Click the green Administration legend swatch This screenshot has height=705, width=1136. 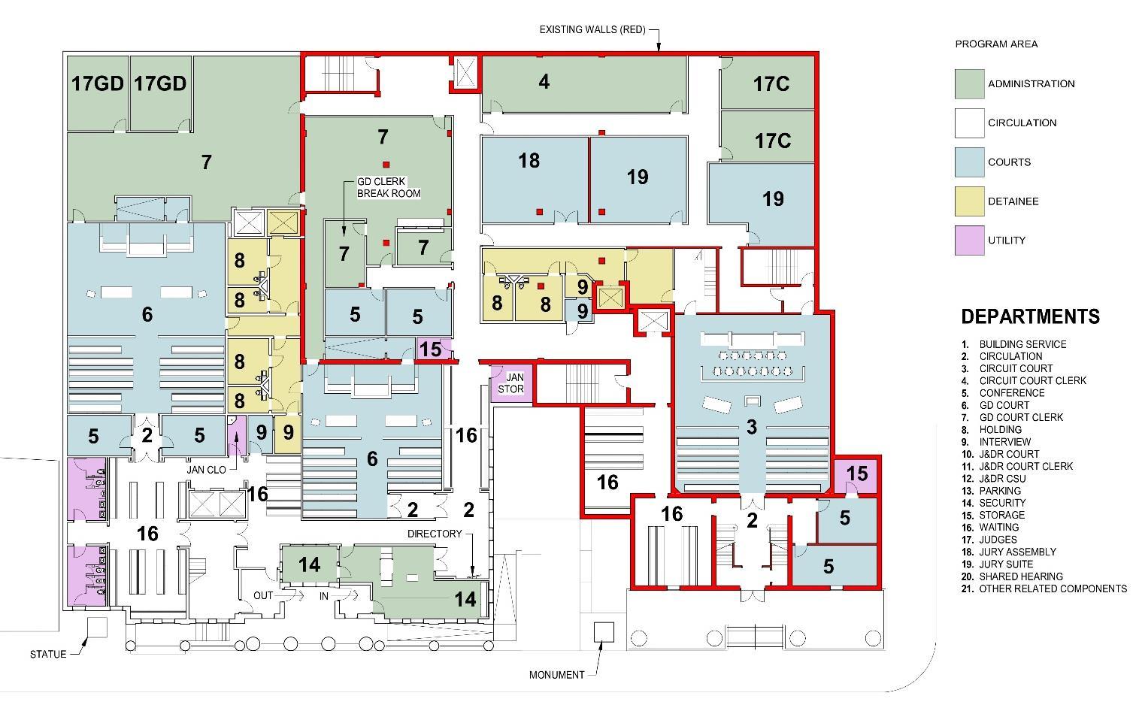(969, 84)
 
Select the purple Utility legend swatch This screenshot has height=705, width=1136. (969, 241)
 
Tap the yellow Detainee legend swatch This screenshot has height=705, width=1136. (969, 201)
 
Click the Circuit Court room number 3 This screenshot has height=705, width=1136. (751, 427)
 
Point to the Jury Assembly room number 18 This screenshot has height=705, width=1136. (529, 160)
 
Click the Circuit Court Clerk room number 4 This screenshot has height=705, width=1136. (544, 81)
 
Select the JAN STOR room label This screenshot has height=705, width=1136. (515, 383)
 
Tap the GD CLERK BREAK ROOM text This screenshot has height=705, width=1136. (389, 188)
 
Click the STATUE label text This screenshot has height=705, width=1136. (48, 654)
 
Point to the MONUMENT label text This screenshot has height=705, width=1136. (556, 675)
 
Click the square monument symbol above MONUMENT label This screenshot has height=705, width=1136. (604, 632)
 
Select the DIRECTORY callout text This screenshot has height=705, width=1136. (435, 534)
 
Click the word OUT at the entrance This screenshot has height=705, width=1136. (263, 595)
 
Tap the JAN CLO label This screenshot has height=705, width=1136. (207, 469)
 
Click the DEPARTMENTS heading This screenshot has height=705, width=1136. (1030, 316)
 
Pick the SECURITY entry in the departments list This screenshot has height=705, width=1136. (1002, 503)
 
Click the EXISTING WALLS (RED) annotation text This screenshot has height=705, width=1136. (592, 30)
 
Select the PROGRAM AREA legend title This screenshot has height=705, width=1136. (996, 44)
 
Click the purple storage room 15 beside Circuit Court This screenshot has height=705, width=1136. (856, 474)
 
